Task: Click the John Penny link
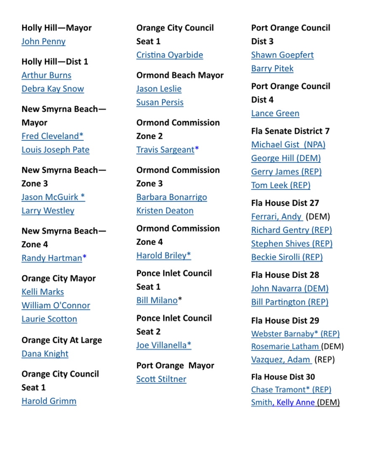click(x=43, y=41)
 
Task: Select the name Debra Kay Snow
click(x=53, y=89)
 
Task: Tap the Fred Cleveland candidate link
click(x=52, y=136)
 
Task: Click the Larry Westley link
click(x=48, y=210)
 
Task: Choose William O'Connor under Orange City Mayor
click(x=56, y=305)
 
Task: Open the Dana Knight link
click(x=45, y=353)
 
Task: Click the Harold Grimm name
click(x=49, y=401)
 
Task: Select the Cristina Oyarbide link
click(x=169, y=55)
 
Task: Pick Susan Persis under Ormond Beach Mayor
click(x=160, y=102)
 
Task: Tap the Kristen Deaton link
click(x=165, y=210)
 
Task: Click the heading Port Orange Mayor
click(x=175, y=366)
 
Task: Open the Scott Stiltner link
click(x=161, y=379)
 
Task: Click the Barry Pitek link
click(x=272, y=68)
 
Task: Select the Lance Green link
click(x=275, y=113)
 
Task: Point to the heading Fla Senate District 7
click(x=290, y=131)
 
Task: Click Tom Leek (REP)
click(x=281, y=185)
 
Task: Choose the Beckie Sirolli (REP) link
click(x=286, y=257)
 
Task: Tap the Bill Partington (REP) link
click(x=289, y=302)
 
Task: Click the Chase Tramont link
click(x=291, y=389)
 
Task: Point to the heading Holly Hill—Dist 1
click(x=55, y=62)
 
